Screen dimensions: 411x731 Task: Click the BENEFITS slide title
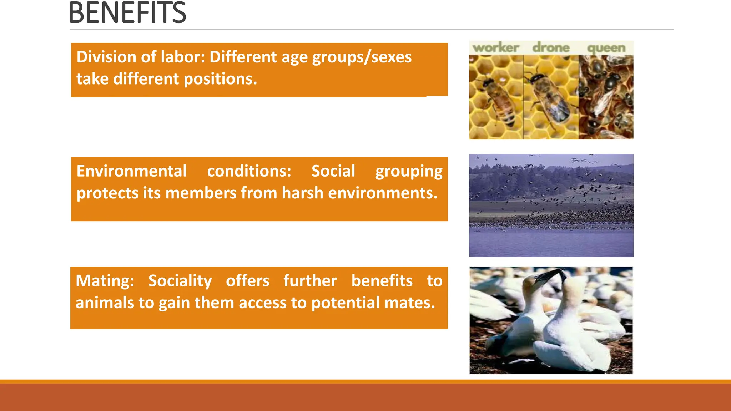coord(127,13)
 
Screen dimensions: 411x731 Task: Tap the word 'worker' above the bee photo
coord(495,48)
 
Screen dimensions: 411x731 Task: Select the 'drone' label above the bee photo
coord(551,48)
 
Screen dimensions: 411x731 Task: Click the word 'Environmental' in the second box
coord(131,171)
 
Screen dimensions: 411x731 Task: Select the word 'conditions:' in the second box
coord(249,171)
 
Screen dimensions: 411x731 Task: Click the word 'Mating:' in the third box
coord(105,281)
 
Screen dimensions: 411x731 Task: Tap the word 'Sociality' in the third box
coord(180,281)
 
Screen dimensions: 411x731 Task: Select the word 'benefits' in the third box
coord(382,281)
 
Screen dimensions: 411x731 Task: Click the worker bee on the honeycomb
coord(498,102)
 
